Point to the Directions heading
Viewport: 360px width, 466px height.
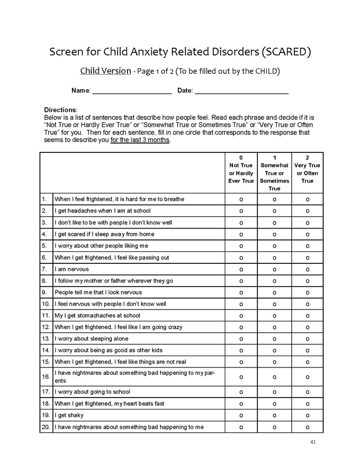[61, 110]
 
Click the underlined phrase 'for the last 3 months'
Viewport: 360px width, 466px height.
[140, 140]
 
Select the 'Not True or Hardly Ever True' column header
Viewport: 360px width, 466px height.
[241, 169]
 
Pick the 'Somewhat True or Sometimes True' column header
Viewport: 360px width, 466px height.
[274, 173]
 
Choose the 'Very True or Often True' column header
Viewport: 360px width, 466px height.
[307, 169]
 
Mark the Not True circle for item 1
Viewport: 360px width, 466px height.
[241, 200]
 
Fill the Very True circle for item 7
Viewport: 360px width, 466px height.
[307, 270]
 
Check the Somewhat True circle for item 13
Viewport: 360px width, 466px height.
[274, 339]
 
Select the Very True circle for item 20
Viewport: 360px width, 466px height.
[307, 427]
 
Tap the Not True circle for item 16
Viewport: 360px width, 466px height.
[241, 377]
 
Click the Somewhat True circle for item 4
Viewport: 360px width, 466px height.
[274, 234]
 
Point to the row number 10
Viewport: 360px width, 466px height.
[46, 304]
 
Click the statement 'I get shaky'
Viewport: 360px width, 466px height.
[69, 415]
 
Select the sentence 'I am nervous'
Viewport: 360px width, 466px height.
[71, 270]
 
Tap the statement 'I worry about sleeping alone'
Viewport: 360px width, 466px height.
[91, 339]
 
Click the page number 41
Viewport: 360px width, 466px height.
[313, 442]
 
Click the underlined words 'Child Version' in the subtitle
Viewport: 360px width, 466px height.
[105, 71]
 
